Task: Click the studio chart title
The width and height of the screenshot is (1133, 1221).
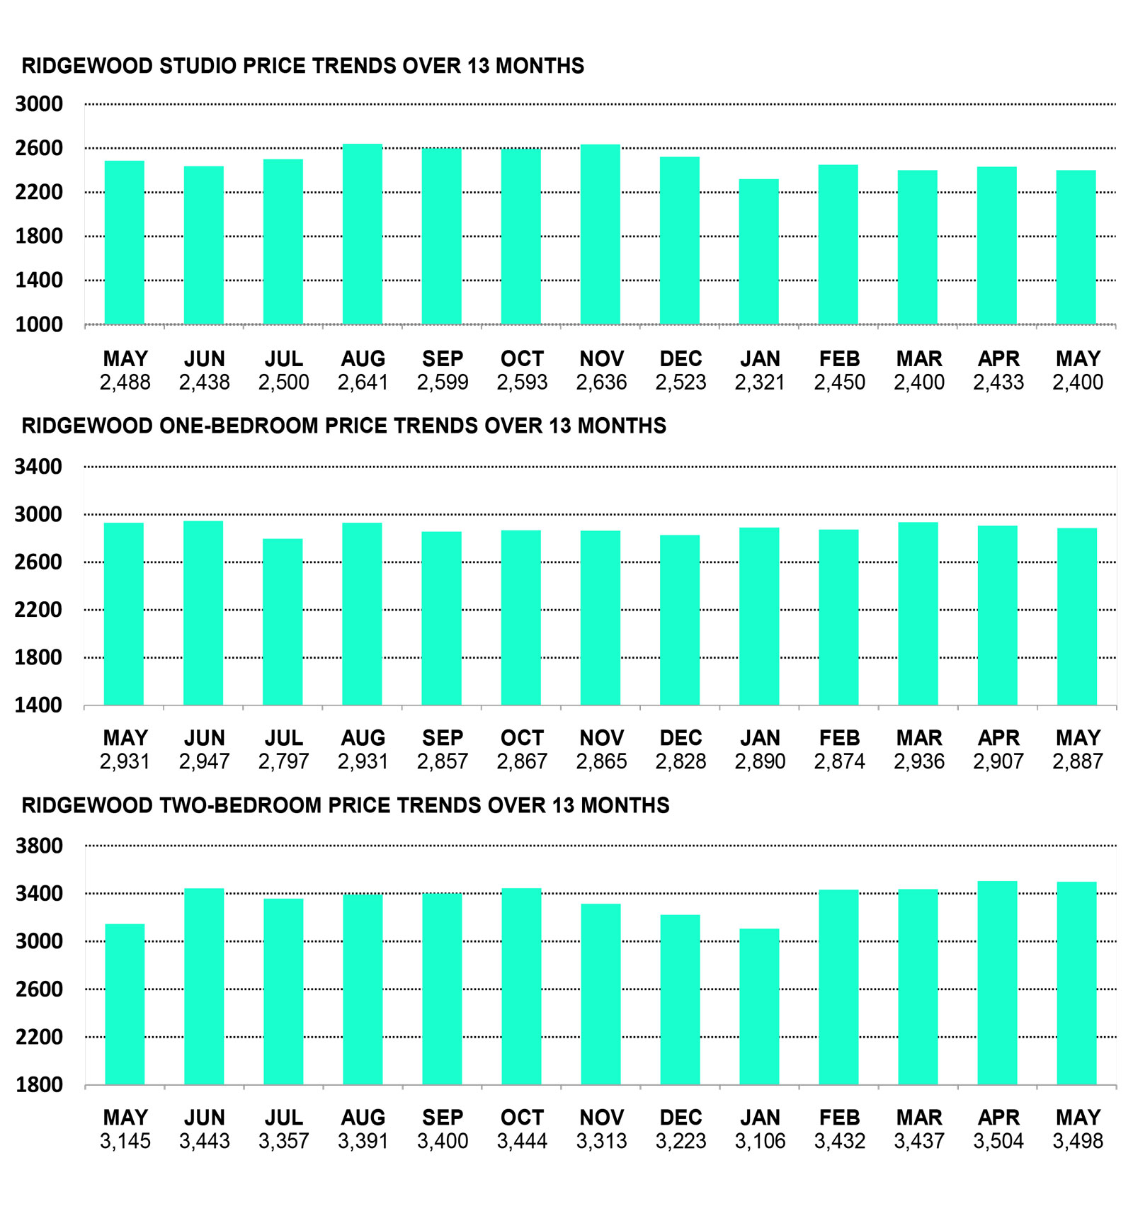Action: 303,66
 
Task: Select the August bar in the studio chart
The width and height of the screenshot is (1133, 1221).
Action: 363,234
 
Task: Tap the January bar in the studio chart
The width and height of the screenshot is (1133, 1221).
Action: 759,252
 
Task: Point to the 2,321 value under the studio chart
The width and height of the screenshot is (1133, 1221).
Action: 760,382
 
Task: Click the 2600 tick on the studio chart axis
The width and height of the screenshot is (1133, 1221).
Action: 39,148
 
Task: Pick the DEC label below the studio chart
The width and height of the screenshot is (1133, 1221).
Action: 681,359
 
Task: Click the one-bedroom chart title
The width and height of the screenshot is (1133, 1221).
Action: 344,426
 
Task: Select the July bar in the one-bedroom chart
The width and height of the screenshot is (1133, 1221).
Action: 283,622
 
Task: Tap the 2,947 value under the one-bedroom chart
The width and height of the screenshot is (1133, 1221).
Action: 205,761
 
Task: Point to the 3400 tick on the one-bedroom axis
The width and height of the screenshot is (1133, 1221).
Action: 39,467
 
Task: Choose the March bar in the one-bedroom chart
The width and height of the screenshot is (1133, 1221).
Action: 918,614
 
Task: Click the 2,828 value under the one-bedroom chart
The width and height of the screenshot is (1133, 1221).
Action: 681,761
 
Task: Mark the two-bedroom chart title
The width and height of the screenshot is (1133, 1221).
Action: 346,805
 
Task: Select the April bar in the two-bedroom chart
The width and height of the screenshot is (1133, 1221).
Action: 998,983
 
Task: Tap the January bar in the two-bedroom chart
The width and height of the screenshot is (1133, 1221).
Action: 759,1006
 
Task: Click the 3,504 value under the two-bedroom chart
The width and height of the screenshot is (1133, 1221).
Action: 998,1141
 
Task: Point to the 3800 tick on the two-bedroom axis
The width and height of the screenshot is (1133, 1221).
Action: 39,846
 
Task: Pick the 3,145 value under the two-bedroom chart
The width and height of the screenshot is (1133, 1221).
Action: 125,1141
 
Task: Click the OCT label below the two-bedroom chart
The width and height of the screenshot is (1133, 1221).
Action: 522,1118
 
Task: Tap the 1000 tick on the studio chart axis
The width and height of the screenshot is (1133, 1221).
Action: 39,324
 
